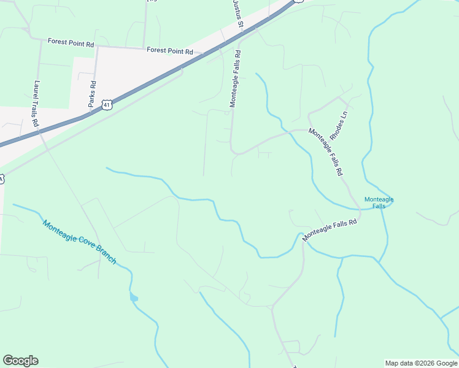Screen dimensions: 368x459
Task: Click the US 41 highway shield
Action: pyautogui.click(x=108, y=105)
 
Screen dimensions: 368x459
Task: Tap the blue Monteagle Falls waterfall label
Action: pyautogui.click(x=379, y=202)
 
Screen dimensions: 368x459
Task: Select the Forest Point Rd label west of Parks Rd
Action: pyautogui.click(x=71, y=44)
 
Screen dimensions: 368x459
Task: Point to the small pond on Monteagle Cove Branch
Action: pyautogui.click(x=134, y=298)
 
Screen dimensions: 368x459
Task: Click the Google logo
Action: pyautogui.click(x=20, y=361)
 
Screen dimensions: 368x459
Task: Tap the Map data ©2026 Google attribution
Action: pyautogui.click(x=421, y=363)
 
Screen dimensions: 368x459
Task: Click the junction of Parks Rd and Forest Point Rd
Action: pyautogui.click(x=98, y=46)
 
